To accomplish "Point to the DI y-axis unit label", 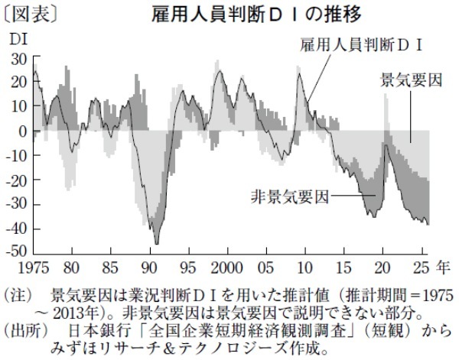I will click(17, 37).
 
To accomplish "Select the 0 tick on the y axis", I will click(24, 131).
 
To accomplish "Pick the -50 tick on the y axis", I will click(17, 251).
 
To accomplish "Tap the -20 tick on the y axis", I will click(17, 179).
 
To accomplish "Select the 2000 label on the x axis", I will click(228, 269).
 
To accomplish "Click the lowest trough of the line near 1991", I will click(156, 243).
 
